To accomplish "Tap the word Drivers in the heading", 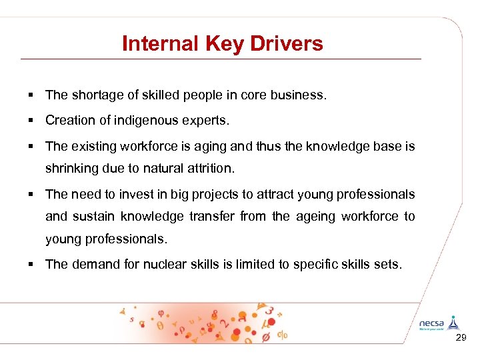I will click(x=292, y=44).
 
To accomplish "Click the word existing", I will click(x=95, y=146).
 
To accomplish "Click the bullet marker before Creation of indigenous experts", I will click(x=31, y=121).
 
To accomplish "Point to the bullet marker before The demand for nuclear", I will click(x=31, y=265).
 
